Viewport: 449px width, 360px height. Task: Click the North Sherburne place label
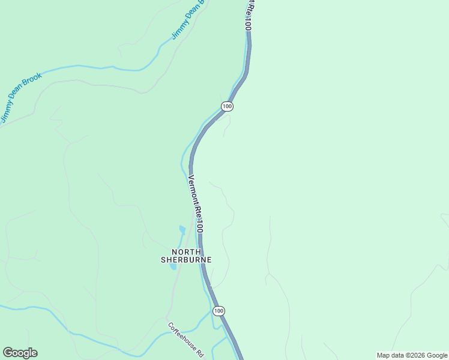(186, 256)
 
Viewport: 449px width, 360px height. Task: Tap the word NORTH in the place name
(187, 251)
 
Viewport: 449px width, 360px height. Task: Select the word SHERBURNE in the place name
(186, 260)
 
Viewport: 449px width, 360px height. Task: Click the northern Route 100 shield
(226, 106)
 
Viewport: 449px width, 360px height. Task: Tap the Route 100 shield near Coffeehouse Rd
(218, 311)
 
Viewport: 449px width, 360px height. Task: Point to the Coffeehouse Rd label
(186, 340)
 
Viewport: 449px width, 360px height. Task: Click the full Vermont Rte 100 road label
(196, 204)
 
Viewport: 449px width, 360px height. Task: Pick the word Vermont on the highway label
(192, 188)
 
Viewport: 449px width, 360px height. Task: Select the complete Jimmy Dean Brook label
(21, 97)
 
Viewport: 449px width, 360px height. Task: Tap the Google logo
(20, 353)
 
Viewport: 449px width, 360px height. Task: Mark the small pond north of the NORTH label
(182, 230)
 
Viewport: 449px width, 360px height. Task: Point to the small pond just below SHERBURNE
(173, 266)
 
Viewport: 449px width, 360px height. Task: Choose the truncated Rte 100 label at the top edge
(247, 16)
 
